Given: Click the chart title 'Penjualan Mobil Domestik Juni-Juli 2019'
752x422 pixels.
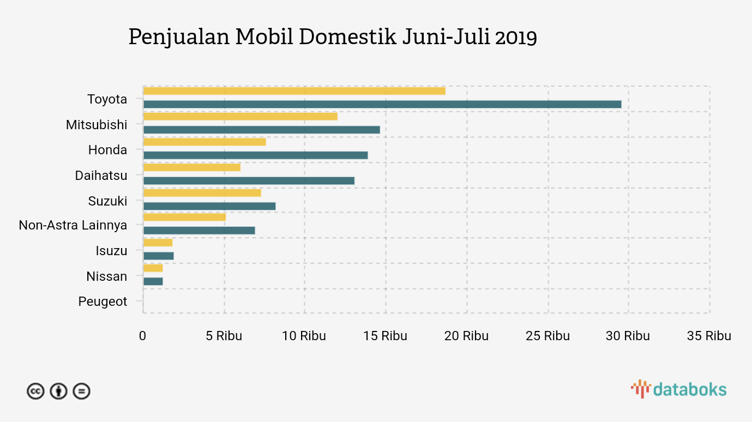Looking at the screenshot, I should [333, 37].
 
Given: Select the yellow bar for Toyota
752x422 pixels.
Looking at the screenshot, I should [294, 91].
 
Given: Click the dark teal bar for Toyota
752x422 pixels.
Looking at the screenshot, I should [382, 104].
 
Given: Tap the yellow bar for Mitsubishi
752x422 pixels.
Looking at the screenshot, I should [240, 116].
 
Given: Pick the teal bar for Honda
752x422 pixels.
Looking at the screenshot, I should [255, 155].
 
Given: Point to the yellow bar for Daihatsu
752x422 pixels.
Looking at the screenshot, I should [191, 167].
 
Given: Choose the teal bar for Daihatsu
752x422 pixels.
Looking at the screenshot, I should [249, 180].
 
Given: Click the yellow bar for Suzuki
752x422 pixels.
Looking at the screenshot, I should [202, 193].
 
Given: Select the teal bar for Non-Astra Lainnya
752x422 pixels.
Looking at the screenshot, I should [199, 230].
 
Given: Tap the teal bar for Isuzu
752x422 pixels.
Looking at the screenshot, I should [158, 256].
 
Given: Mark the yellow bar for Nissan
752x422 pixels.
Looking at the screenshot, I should [153, 268].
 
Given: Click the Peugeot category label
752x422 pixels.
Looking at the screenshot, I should [103, 302].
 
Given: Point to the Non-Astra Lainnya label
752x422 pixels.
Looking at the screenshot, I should [73, 225].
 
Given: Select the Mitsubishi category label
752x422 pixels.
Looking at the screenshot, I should [97, 125].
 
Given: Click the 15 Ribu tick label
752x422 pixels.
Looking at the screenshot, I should [385, 336].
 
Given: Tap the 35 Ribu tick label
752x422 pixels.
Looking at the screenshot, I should [708, 336].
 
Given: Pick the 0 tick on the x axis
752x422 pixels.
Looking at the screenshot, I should [142, 336].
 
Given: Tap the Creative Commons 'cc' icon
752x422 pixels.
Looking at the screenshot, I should [35, 391].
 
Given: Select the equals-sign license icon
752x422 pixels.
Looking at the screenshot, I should [81, 391].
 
